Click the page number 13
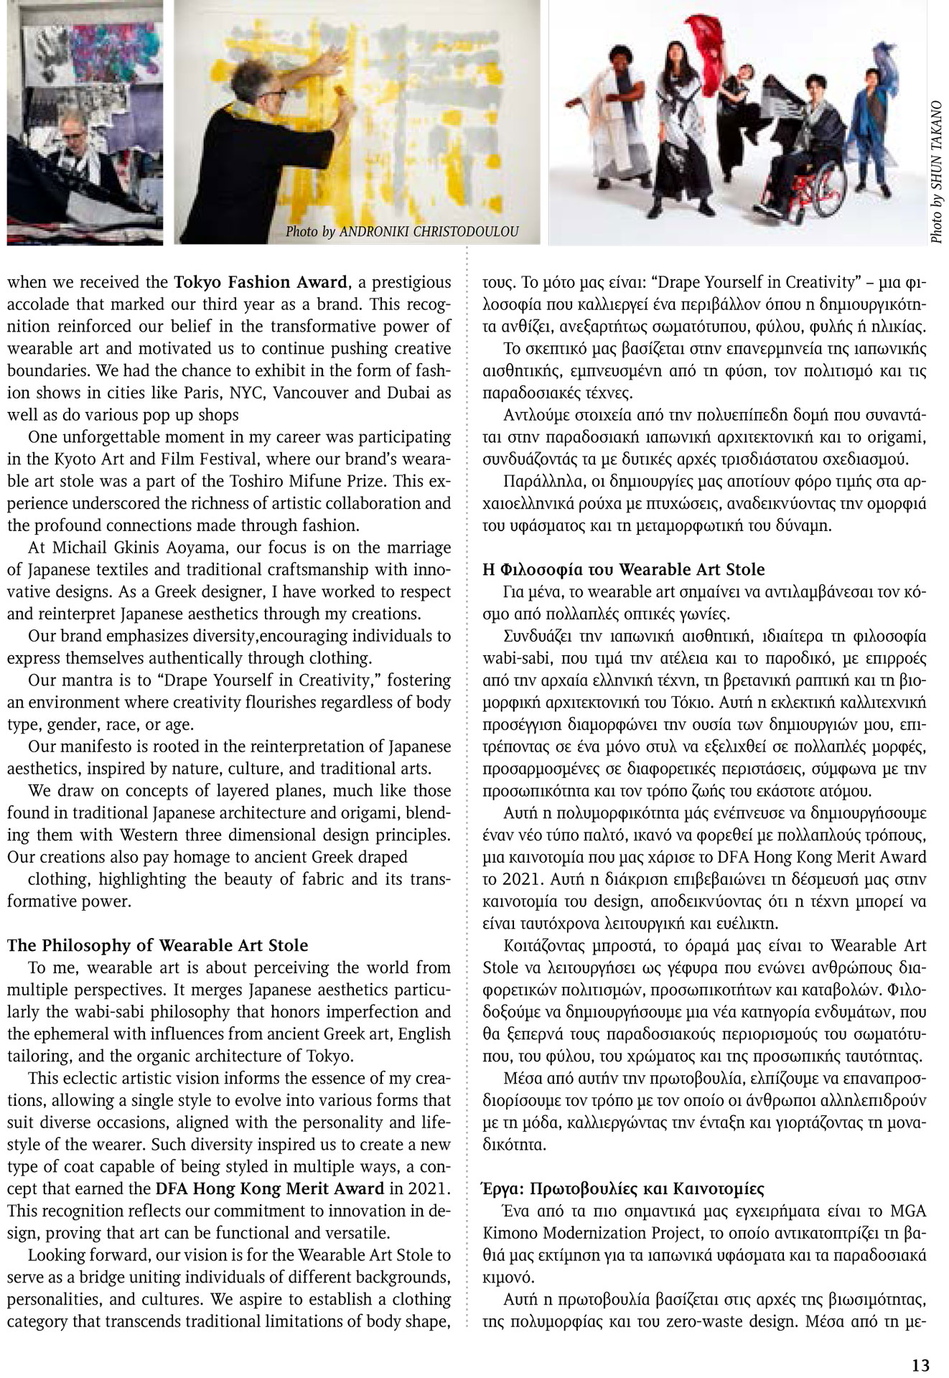(920, 1364)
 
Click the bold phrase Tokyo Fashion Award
(261, 282)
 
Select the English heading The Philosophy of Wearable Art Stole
(157, 945)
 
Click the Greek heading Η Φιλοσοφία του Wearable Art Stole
(624, 569)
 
